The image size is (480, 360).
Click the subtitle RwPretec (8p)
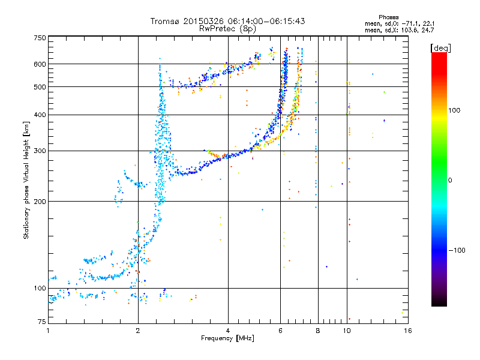click(227, 29)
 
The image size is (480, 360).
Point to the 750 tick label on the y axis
click(40, 38)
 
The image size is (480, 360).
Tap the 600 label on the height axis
click(40, 64)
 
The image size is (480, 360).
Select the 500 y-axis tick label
click(40, 87)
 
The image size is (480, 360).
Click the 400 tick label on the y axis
click(40, 115)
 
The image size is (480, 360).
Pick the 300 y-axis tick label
click(40, 151)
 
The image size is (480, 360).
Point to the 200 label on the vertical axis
click(40, 202)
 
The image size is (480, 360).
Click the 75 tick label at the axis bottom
click(42, 322)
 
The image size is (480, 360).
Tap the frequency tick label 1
click(48, 331)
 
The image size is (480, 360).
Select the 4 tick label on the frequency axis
click(228, 331)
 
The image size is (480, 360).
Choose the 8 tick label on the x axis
click(318, 331)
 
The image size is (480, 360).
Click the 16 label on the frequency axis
click(408, 331)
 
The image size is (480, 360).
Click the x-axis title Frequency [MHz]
click(228, 338)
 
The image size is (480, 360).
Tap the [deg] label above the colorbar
click(440, 48)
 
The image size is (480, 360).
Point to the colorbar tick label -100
click(457, 250)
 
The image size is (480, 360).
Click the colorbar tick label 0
click(450, 181)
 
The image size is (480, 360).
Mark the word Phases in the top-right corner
click(388, 17)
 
